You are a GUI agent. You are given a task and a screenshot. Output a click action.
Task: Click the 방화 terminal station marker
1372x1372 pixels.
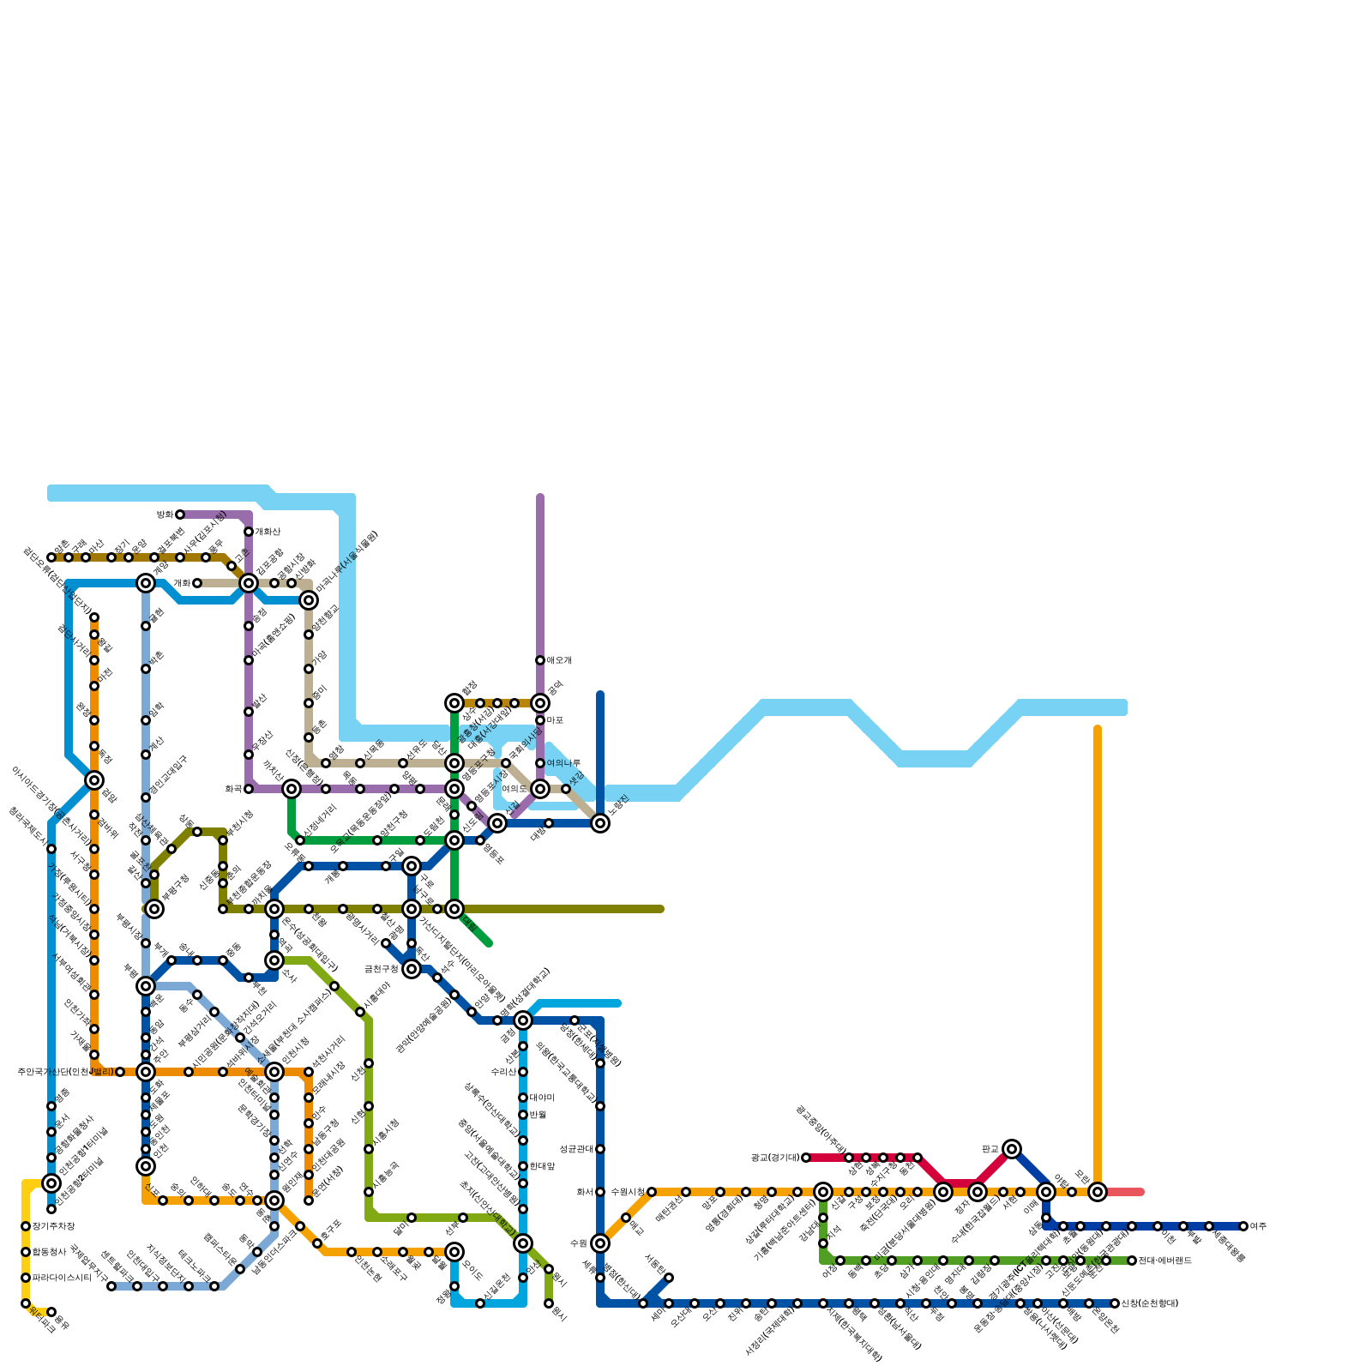tap(180, 514)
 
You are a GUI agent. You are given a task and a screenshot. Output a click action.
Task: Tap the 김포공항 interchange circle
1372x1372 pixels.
tap(249, 583)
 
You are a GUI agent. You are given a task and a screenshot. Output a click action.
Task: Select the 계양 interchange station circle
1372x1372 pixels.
tap(146, 583)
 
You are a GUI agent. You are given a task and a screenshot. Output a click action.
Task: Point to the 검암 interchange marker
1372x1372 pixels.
tap(94, 780)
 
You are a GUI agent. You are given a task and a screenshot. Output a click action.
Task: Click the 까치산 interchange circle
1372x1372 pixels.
tap(292, 789)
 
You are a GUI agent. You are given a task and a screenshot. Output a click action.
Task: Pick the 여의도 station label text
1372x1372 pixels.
tap(514, 789)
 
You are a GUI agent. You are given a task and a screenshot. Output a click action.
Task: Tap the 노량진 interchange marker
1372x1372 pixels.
tap(600, 823)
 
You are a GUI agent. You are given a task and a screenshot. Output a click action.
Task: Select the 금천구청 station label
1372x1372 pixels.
tap(381, 969)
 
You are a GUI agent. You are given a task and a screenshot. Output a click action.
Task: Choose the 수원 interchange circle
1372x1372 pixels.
tap(600, 1243)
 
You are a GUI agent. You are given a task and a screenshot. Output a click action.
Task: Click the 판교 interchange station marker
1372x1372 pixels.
tap(1012, 1149)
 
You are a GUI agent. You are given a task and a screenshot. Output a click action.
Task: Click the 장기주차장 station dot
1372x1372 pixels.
tap(26, 1226)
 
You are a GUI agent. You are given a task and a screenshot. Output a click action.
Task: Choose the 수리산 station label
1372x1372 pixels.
tap(503, 1072)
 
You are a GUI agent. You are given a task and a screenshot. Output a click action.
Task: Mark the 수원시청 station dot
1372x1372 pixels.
tap(652, 1192)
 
